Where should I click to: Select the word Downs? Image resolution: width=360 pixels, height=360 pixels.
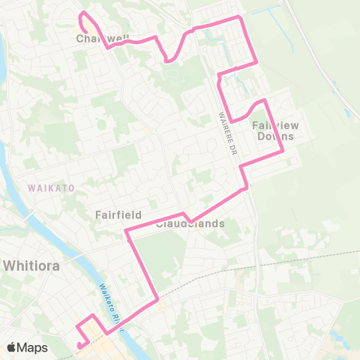click(x=271, y=136)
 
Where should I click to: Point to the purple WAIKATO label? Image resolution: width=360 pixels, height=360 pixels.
click(x=51, y=187)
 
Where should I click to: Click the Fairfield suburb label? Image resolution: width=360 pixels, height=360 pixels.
click(x=118, y=214)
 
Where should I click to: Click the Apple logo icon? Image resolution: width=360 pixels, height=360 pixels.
click(x=12, y=347)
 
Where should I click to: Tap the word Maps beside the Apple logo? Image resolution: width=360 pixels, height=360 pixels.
click(x=34, y=347)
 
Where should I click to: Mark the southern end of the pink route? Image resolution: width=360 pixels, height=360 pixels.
click(x=77, y=345)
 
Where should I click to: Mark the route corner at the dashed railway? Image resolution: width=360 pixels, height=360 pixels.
click(x=157, y=301)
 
